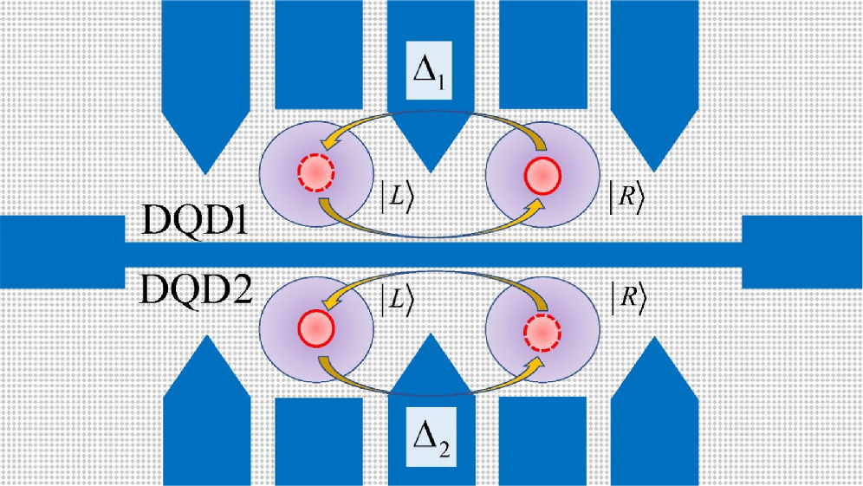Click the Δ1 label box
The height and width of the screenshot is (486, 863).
(431, 73)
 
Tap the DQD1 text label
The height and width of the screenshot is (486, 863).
(196, 228)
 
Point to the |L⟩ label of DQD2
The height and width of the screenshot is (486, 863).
(398, 297)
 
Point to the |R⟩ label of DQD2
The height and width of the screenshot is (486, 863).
(624, 297)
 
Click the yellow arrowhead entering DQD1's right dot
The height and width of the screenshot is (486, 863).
(538, 204)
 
